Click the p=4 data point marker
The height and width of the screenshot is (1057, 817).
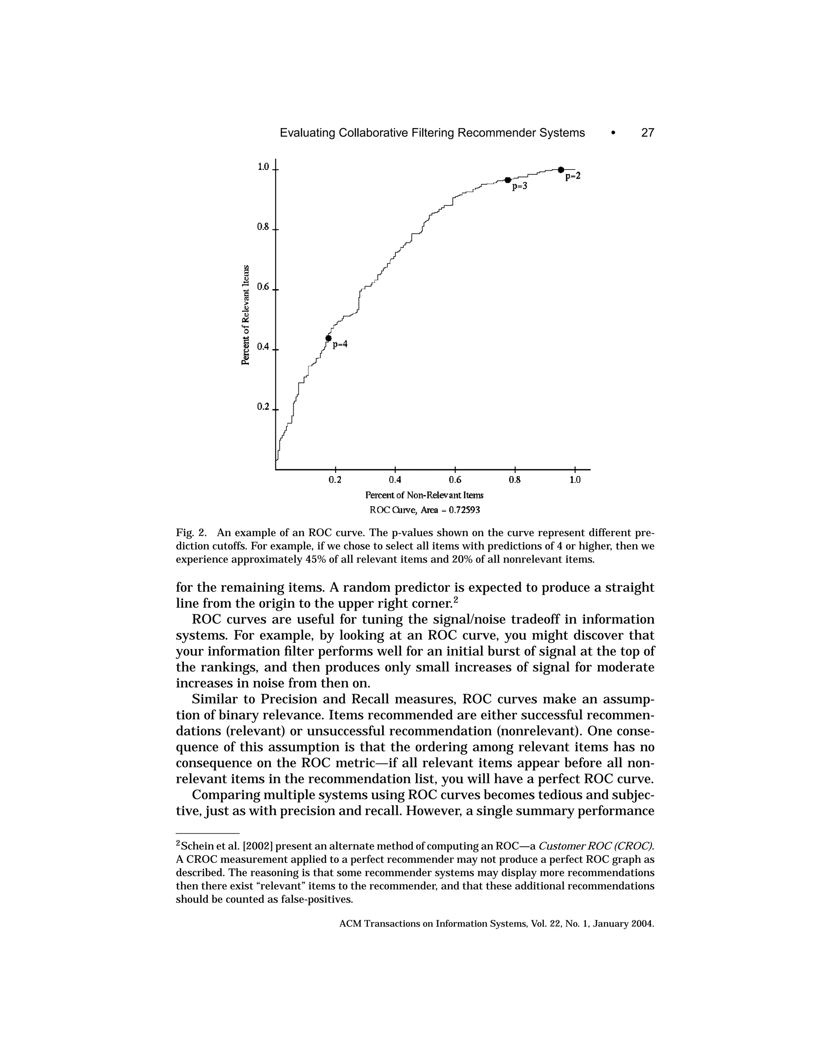(328, 338)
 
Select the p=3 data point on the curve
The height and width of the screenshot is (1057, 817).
(508, 180)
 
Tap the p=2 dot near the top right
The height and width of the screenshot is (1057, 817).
(561, 170)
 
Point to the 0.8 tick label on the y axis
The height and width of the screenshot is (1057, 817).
(263, 227)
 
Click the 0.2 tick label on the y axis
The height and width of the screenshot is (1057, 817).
(263, 406)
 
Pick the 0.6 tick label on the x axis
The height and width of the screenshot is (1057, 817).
(455, 480)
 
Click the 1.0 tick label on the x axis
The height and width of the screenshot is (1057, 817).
(574, 480)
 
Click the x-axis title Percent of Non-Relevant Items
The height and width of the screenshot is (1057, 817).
(424, 495)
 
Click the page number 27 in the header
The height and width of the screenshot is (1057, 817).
(647, 132)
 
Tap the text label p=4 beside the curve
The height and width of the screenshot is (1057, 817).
(341, 345)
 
